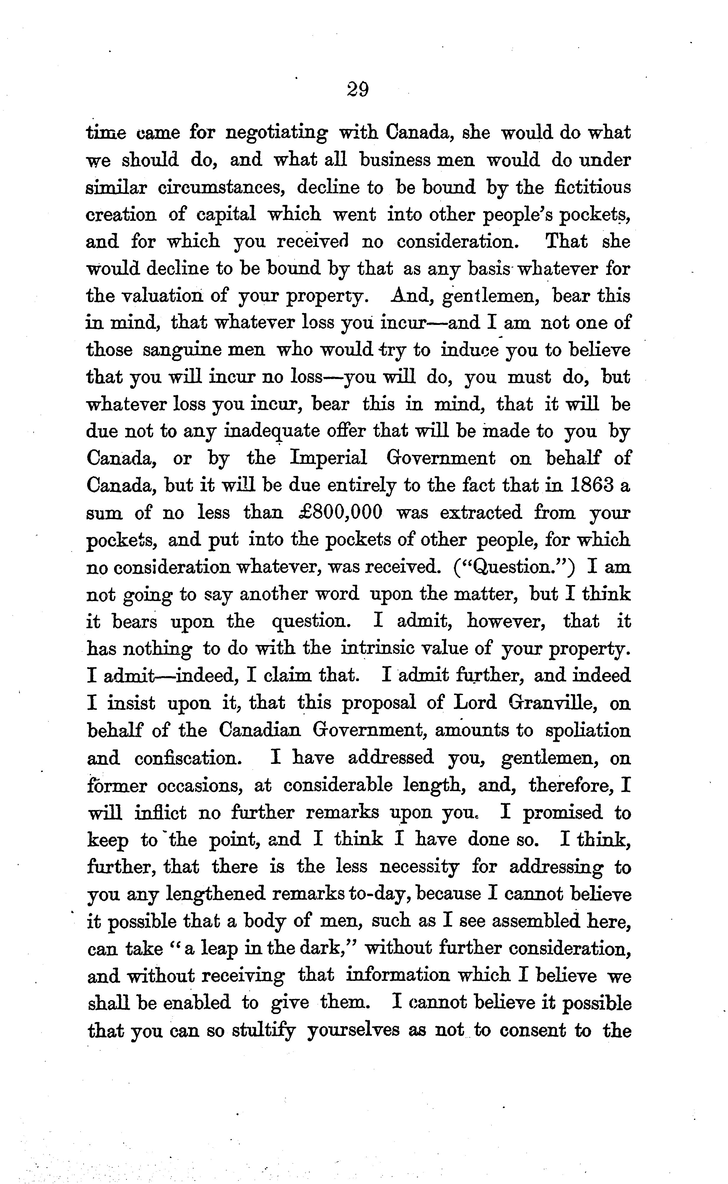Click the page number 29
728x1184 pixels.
pyautogui.click(x=357, y=90)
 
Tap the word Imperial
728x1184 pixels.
pyautogui.click(x=328, y=458)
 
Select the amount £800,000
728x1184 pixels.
pyautogui.click(x=340, y=512)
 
